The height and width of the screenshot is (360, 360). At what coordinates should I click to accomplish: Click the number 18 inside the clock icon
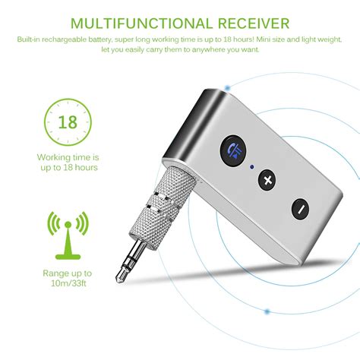(68, 122)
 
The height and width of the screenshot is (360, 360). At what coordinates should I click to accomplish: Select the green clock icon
(68, 121)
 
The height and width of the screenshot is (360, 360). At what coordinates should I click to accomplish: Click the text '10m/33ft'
(68, 285)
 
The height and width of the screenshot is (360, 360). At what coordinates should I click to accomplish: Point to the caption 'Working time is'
(68, 156)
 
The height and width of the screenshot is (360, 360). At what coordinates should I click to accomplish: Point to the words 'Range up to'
(68, 273)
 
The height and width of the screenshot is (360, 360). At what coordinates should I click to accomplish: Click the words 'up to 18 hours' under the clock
(68, 167)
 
